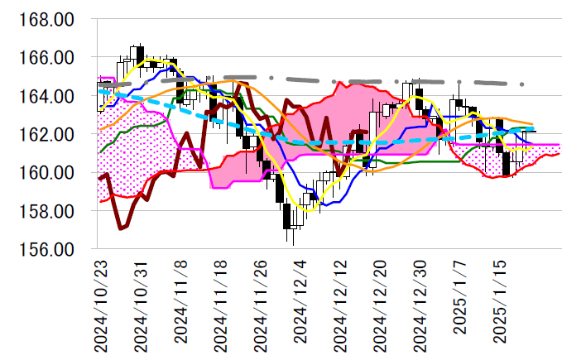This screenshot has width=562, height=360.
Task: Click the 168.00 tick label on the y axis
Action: [x=50, y=19]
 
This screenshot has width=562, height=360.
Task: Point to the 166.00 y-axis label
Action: [x=50, y=58]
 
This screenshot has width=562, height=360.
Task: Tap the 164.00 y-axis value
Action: [x=50, y=96]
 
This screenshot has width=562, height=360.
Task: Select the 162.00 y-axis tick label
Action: [x=50, y=134]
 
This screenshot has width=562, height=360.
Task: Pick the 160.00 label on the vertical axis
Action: [x=50, y=173]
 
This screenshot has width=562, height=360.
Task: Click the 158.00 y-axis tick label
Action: [x=50, y=211]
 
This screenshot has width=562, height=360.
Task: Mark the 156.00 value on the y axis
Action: [x=50, y=249]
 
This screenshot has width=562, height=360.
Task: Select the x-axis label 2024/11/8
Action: [x=181, y=308]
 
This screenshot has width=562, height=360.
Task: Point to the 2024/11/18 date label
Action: [x=222, y=304]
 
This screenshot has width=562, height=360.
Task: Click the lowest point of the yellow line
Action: [x=310, y=211]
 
